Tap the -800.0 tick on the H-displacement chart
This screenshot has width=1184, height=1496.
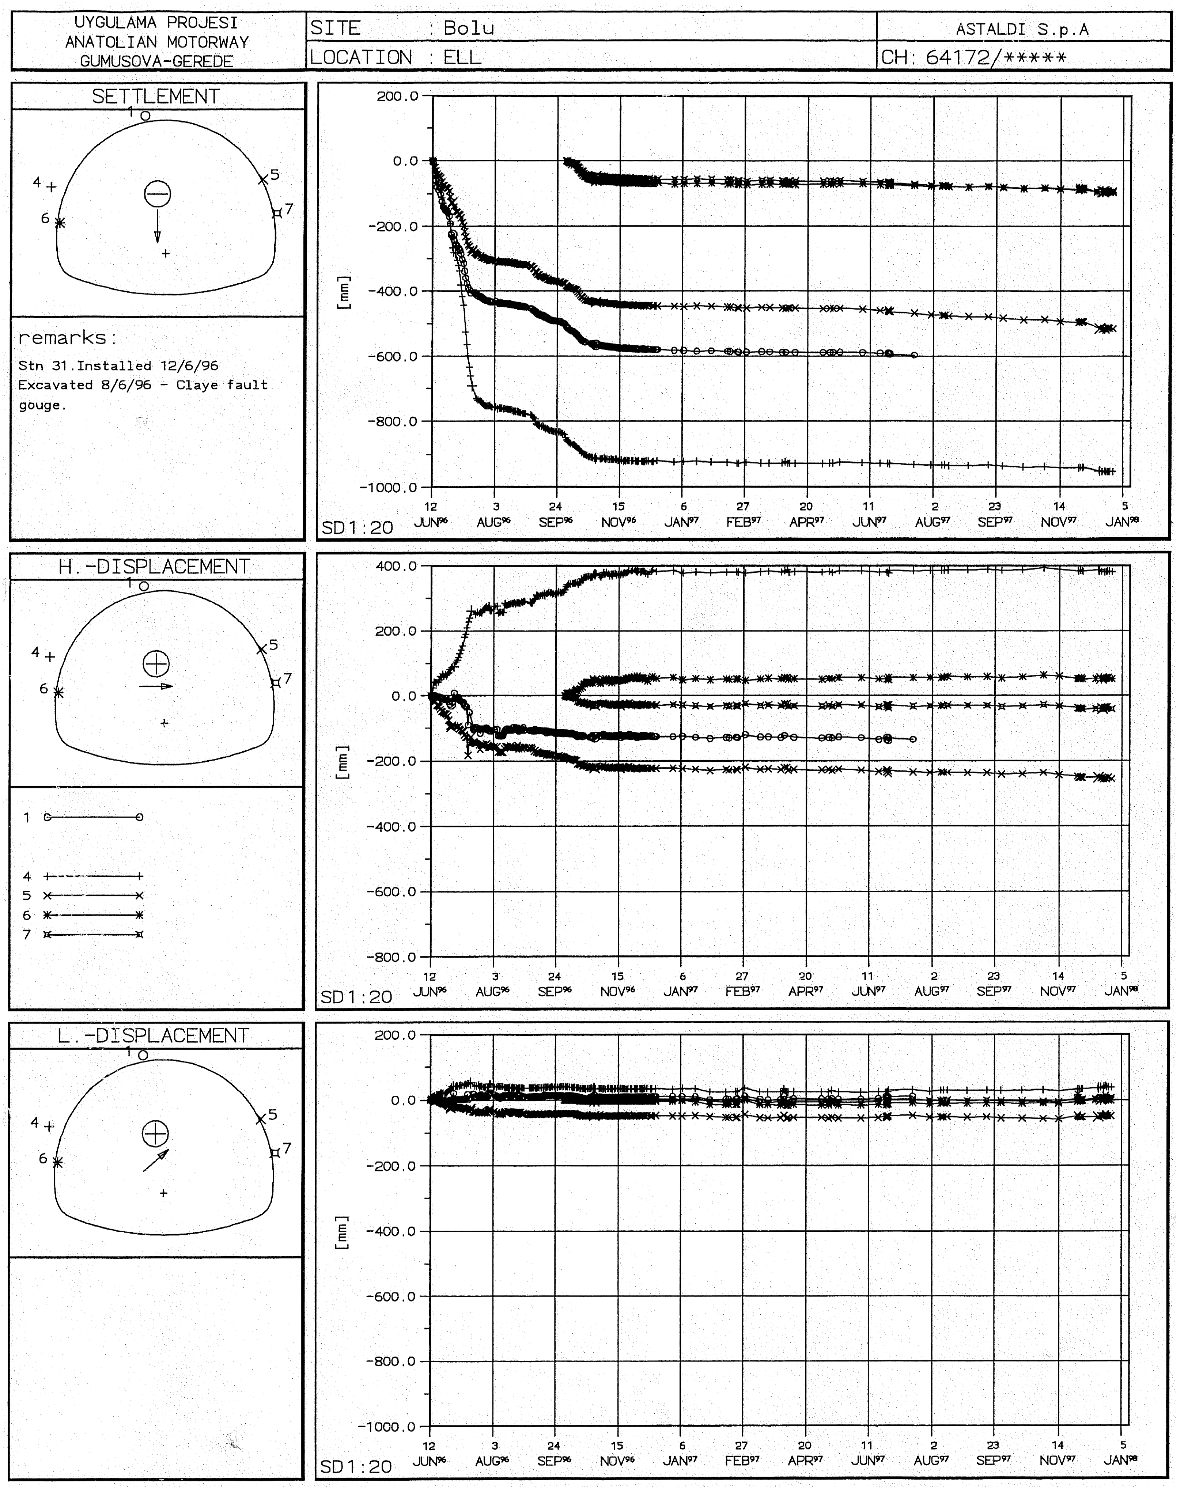tap(391, 957)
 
